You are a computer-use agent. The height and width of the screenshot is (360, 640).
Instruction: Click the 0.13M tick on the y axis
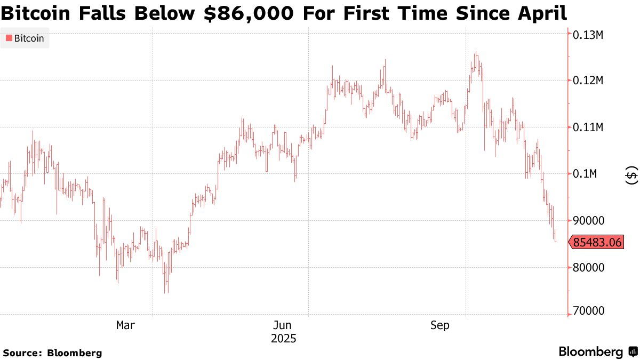(588, 35)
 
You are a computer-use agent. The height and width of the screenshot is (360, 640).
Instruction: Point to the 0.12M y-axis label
(588, 81)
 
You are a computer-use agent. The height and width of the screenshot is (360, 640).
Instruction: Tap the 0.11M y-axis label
(588, 127)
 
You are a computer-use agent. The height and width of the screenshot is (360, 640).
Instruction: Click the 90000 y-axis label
(588, 221)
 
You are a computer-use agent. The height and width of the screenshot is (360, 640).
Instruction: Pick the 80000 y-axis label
(588, 267)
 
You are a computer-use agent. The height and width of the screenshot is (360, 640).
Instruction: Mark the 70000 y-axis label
(588, 311)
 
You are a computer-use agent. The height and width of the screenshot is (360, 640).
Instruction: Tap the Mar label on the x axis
(125, 325)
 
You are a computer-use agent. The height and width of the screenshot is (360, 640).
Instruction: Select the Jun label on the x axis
(283, 325)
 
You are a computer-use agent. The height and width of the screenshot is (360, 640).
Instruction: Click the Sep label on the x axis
(440, 325)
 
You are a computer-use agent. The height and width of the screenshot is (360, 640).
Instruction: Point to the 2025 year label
(283, 338)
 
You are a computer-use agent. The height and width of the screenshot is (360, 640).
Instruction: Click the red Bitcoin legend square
(9, 38)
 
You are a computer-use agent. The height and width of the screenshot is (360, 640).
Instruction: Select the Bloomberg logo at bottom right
(597, 351)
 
